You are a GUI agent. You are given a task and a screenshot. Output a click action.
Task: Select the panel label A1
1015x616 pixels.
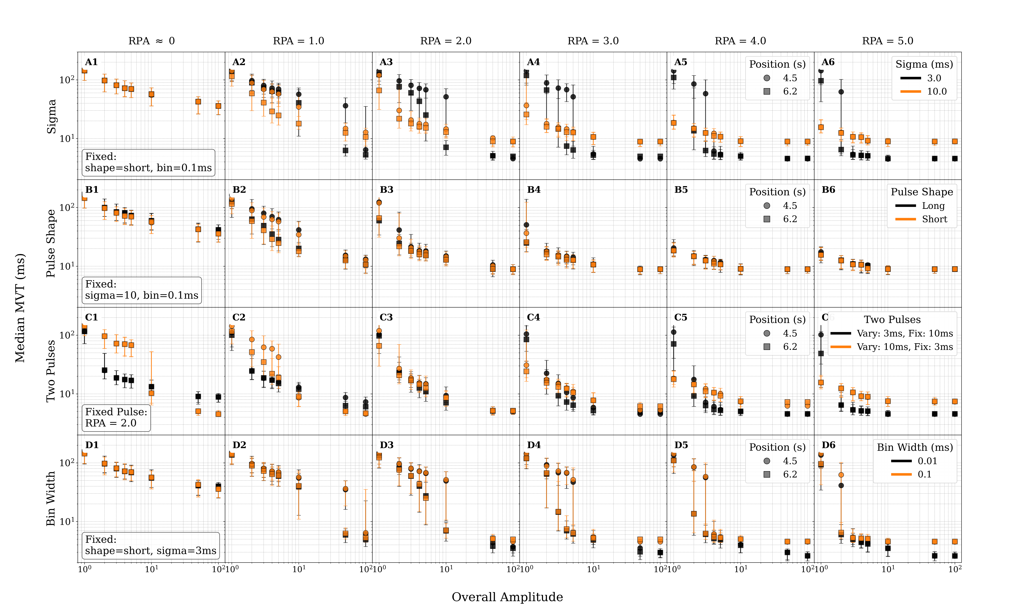coord(91,62)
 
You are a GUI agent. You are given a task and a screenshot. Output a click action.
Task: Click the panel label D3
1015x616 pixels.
coord(386,445)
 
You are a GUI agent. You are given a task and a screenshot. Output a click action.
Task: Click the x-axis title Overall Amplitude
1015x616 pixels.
coord(507,597)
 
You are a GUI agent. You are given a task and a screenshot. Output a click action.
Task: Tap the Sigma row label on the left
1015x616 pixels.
coord(51,116)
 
